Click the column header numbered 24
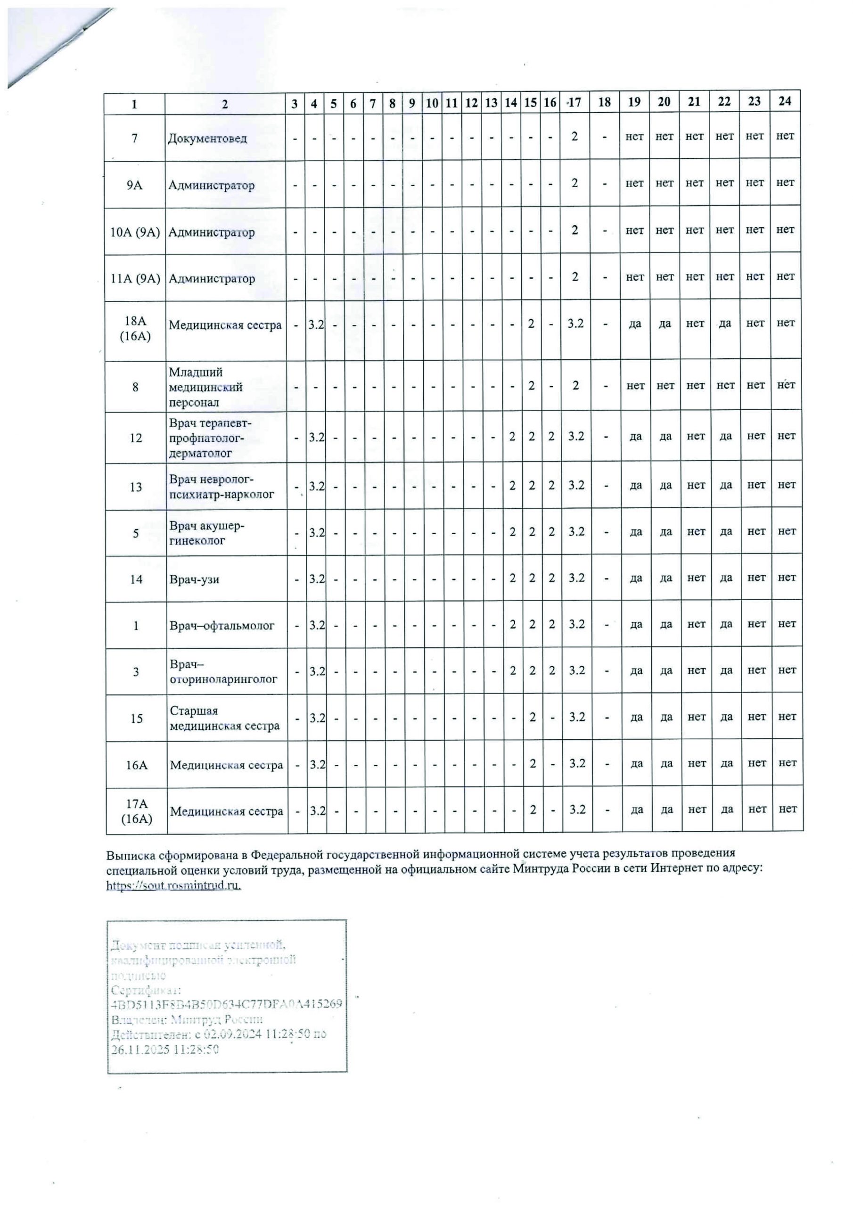(x=784, y=101)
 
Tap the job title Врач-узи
(x=194, y=579)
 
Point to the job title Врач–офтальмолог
(x=222, y=626)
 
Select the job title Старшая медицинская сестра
(x=224, y=718)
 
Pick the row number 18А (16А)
(x=135, y=329)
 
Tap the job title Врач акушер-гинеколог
(x=206, y=533)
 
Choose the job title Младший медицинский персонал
(x=205, y=388)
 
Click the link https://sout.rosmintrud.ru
(x=173, y=885)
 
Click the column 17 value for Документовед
(x=574, y=136)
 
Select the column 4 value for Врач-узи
(x=316, y=578)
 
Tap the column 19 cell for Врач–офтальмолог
(x=636, y=625)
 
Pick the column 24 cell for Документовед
(x=785, y=136)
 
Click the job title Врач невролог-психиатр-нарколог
(x=221, y=487)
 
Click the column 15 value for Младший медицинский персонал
(x=531, y=385)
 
